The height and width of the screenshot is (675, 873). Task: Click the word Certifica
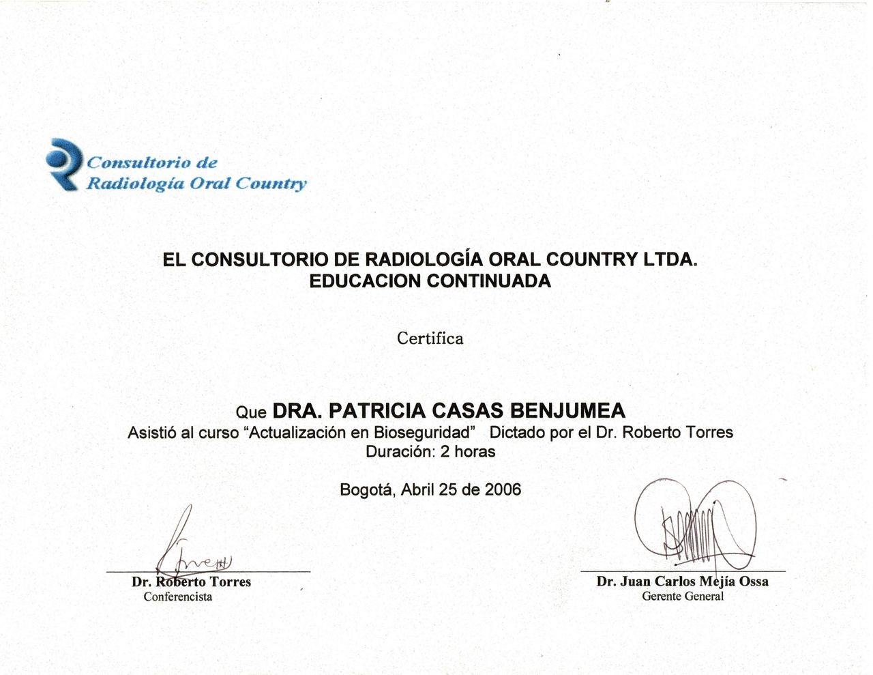click(x=430, y=339)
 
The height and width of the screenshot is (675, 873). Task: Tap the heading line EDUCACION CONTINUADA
click(x=430, y=281)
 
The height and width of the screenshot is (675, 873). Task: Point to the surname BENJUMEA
click(x=567, y=411)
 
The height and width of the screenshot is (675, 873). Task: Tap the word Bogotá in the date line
click(x=367, y=489)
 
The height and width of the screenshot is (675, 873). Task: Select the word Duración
click(x=400, y=452)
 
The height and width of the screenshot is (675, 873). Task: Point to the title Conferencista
click(x=178, y=597)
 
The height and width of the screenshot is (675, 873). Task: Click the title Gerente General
click(x=682, y=597)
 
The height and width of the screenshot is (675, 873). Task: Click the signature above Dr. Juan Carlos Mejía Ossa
click(x=692, y=526)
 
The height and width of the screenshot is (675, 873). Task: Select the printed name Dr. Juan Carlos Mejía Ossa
click(x=682, y=581)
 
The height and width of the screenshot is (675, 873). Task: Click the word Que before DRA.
click(x=250, y=413)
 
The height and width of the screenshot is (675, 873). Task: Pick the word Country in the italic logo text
click(x=271, y=184)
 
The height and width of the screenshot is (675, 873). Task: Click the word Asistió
click(x=152, y=433)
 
